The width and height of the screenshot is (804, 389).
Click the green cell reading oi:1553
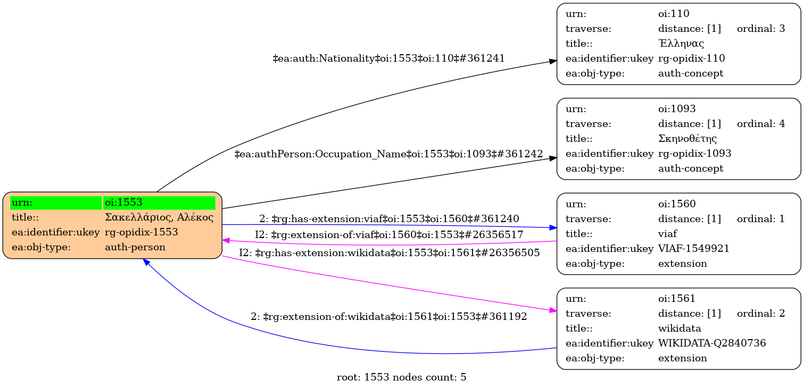tap(159, 202)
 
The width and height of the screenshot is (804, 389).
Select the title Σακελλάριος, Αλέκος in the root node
tap(159, 217)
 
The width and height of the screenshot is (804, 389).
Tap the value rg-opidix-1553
tap(141, 232)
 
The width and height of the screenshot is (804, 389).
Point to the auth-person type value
tap(135, 247)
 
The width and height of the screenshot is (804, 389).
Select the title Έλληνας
tap(682, 44)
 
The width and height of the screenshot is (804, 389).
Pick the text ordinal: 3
tap(761, 29)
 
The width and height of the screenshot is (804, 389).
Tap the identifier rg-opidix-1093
tap(694, 154)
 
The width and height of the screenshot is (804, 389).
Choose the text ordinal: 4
tap(761, 124)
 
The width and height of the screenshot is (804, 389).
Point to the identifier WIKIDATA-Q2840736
tap(712, 343)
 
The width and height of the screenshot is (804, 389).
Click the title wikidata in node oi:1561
tap(679, 328)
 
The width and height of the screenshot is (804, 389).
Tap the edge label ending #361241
tap(388, 58)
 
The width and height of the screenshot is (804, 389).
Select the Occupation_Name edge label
tap(388, 155)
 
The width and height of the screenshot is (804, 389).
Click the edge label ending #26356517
tap(389, 235)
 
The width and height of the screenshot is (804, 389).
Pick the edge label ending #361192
tap(389, 317)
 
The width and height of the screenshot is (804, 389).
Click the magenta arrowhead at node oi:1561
tap(553, 310)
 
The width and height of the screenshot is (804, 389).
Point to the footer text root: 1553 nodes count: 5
tap(402, 378)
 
